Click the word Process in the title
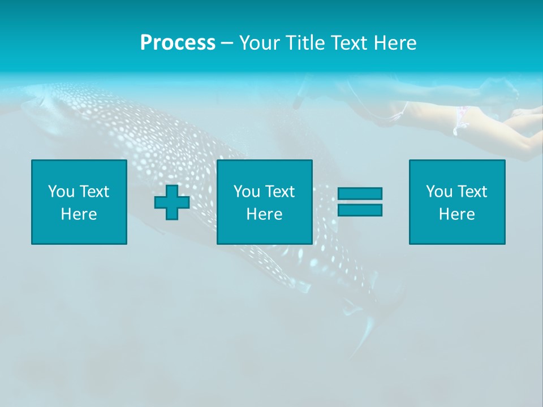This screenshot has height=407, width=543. point(178,43)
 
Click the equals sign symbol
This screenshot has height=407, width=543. point(360,202)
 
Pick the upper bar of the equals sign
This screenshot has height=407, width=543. point(360,194)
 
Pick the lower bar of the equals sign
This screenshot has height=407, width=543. point(360,210)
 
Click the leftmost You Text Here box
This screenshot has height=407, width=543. point(79,202)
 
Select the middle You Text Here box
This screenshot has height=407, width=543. point(264,202)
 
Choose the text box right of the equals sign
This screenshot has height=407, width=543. point(456,202)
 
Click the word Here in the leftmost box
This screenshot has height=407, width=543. point(79,214)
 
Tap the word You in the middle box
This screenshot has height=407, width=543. point(247,192)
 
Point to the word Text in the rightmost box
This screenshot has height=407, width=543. point(472,192)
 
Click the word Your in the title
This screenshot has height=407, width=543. point(258,43)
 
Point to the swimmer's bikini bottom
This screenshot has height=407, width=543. point(460,119)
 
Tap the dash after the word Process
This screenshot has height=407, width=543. point(227,43)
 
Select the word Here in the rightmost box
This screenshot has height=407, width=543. point(456,214)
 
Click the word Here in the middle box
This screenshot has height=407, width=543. point(264,214)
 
